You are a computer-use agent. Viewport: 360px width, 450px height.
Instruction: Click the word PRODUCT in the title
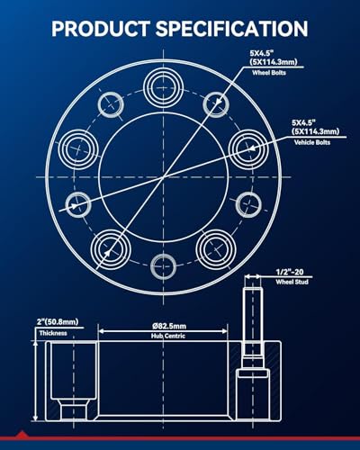point(101,29)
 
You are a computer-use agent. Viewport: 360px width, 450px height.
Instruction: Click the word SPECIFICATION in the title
point(232,29)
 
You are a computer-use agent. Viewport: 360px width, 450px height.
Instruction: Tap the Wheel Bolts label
point(269,73)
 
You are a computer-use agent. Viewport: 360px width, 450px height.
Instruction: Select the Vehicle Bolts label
point(312,142)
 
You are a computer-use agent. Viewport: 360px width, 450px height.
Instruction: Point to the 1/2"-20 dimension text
point(290,272)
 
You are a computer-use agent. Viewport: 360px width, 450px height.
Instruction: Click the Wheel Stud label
point(292,282)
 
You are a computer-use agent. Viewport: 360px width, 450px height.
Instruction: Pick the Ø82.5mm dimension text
point(169,326)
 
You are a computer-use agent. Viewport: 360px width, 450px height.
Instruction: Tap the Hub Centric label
point(168,336)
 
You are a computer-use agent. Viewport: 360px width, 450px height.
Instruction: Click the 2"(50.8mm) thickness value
point(58,322)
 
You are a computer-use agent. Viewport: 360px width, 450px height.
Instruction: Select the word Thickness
point(53,333)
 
